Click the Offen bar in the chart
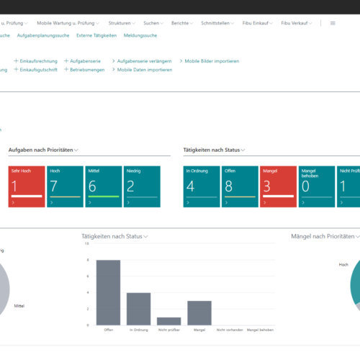[108, 292]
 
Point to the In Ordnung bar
[138, 308]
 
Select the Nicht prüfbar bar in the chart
[168, 321]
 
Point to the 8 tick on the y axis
[88, 260]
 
